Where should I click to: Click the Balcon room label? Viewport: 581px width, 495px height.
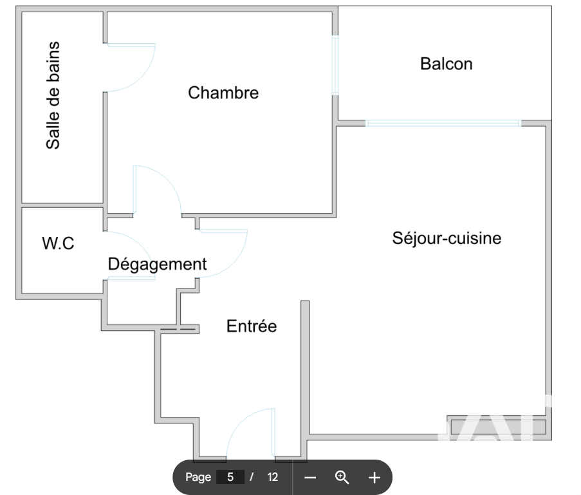(x=446, y=64)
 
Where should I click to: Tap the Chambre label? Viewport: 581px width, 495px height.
(x=223, y=93)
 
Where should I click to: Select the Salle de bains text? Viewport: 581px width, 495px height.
(x=53, y=96)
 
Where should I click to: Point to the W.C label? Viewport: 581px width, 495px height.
(x=58, y=243)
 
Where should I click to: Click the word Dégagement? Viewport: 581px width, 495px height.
(x=157, y=264)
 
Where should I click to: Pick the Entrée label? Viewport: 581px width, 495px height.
(x=252, y=326)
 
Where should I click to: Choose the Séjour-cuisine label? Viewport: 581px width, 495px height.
(x=447, y=238)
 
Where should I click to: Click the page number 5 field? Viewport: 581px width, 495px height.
(x=230, y=477)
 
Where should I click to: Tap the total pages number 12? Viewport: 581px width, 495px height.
(x=273, y=477)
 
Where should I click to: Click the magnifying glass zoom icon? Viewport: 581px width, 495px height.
(x=342, y=477)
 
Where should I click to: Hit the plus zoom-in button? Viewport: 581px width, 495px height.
(x=374, y=477)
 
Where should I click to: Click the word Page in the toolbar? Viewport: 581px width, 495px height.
(x=198, y=477)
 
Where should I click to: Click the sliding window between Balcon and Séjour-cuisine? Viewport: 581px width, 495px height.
(x=443, y=122)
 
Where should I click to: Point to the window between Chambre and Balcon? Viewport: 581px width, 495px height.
(x=335, y=64)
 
